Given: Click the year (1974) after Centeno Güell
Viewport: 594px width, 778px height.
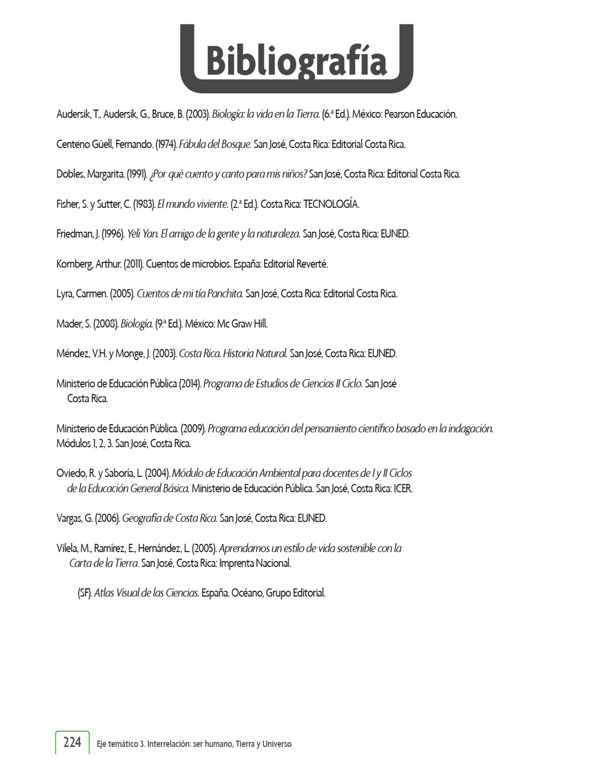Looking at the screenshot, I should (166, 145).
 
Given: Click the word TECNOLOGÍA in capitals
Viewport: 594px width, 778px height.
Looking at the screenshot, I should (331, 204).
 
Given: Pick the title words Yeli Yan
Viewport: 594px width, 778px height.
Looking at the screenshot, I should (142, 234).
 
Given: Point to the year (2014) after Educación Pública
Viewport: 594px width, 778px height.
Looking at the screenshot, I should (190, 384).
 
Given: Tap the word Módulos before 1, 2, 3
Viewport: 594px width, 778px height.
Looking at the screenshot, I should (73, 443).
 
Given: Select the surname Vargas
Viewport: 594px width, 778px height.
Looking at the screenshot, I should (69, 518).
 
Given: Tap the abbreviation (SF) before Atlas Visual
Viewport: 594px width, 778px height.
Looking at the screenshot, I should (84, 593).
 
